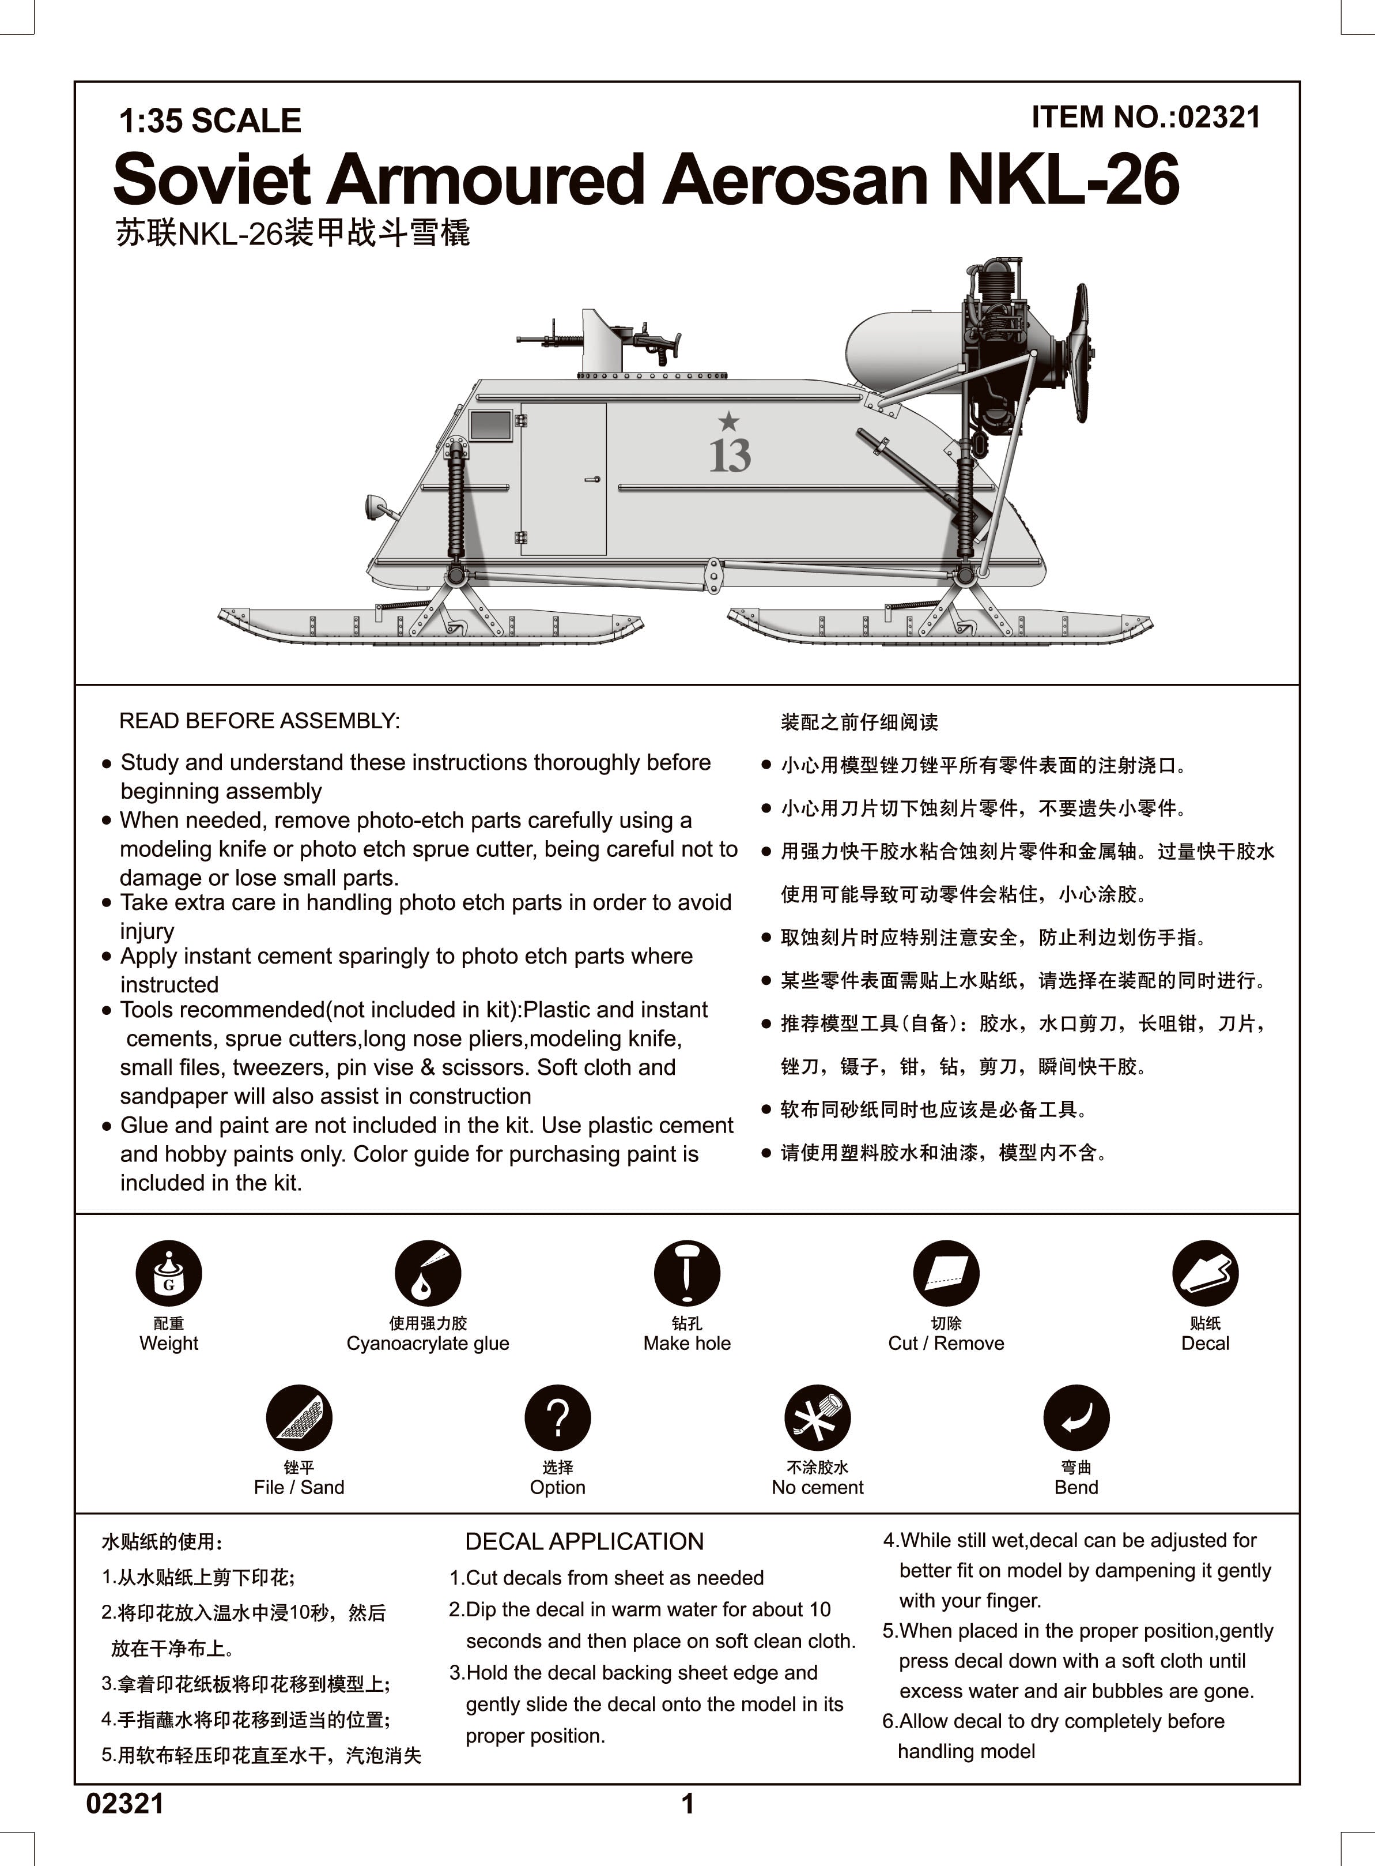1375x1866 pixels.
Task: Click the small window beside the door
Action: (x=491, y=424)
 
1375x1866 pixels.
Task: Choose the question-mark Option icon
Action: (x=558, y=1417)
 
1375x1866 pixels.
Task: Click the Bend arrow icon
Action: (x=1076, y=1417)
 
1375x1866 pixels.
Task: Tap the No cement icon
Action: (x=817, y=1417)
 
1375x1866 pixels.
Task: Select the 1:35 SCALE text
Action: (x=210, y=121)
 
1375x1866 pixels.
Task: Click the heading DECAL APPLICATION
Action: (x=584, y=1541)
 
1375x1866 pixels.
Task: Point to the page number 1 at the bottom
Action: (x=688, y=1804)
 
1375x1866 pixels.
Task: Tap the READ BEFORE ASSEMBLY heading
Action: (x=260, y=721)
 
